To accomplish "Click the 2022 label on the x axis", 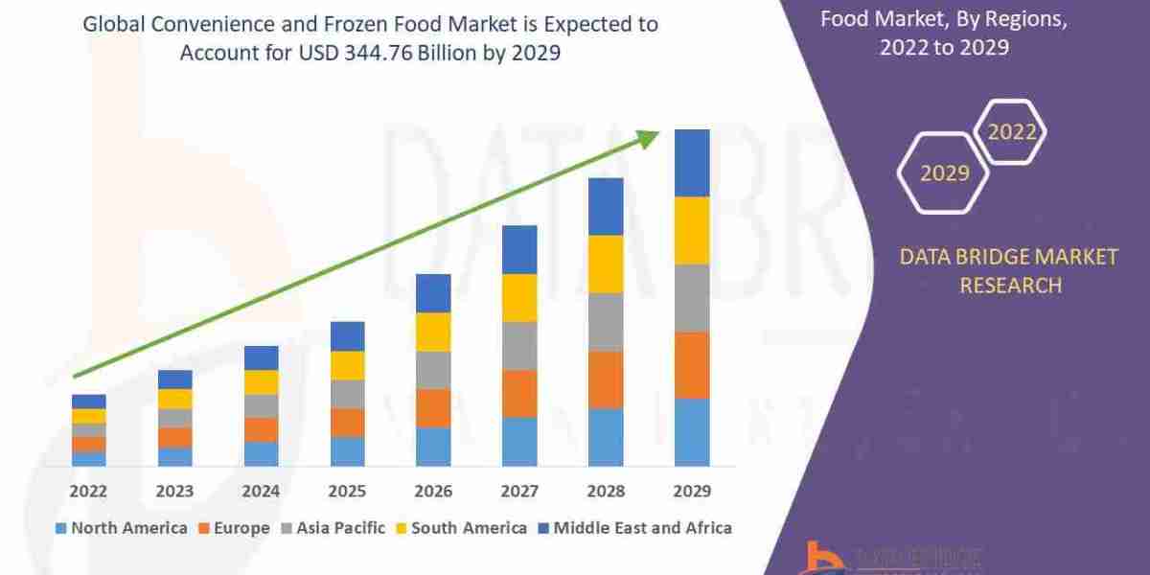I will coord(88,492).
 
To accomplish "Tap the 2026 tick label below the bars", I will coord(433,492).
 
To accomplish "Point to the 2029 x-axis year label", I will coord(692,492).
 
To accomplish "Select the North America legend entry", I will coord(122,528).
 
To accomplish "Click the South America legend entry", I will coord(460,528).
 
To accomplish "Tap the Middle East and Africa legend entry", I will coord(633,528).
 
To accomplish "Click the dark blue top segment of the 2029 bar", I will coord(692,163).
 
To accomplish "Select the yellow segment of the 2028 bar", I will coord(606,264).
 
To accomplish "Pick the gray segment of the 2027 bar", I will coord(519,346).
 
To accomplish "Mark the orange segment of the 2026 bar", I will coord(433,408).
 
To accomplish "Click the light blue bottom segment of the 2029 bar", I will coord(692,432).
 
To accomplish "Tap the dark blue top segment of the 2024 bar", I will coord(261,358).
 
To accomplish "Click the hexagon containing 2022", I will coord(1012,132).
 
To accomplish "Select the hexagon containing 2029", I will coord(944,173).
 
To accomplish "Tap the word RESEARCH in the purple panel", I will coord(1010,285).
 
